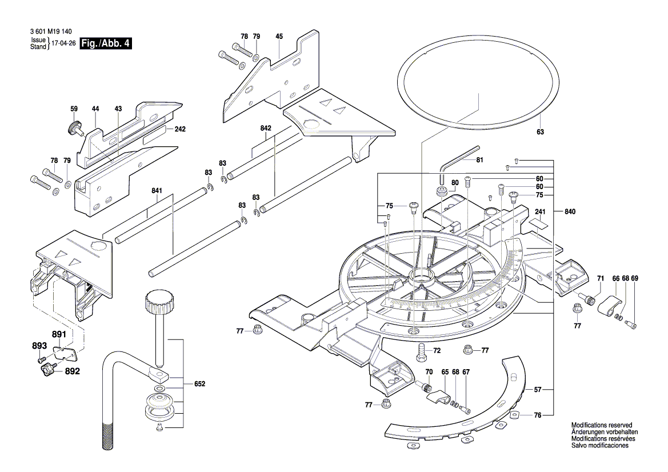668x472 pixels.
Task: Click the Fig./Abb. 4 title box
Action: point(106,43)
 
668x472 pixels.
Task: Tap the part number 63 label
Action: point(540,132)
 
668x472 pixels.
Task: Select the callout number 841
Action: point(157,191)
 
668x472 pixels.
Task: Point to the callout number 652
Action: point(199,383)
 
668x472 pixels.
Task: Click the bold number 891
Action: point(59,335)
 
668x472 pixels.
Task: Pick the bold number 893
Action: point(38,346)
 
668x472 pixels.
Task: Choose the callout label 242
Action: point(180,130)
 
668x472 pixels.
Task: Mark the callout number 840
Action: point(569,211)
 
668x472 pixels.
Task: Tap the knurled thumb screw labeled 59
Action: point(74,127)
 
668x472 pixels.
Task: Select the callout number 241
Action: point(541,211)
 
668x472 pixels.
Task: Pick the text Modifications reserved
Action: point(602,426)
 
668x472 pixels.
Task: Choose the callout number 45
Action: point(279,37)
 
